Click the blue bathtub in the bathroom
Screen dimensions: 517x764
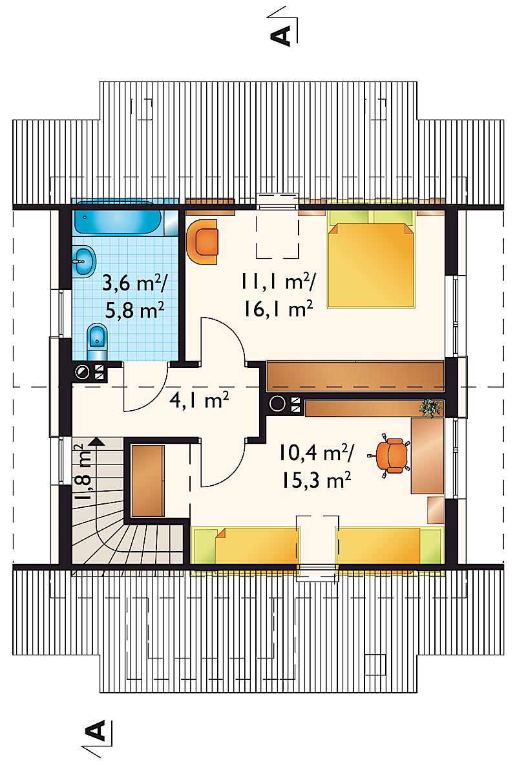pos(119,222)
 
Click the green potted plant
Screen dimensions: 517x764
pos(431,408)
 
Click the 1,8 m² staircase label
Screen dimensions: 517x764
pos(81,472)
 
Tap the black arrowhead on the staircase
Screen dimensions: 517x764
pos(96,442)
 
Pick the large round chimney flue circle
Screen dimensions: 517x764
pos(278,404)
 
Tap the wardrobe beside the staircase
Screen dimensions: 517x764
pos(147,480)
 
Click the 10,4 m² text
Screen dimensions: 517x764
pos(317,453)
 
